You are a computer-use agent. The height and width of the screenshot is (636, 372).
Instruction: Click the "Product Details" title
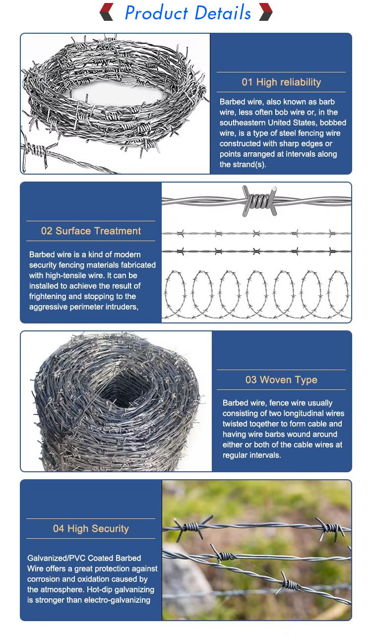pyautogui.click(x=187, y=13)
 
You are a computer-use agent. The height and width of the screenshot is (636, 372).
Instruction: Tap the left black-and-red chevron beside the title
pyautogui.click(x=107, y=12)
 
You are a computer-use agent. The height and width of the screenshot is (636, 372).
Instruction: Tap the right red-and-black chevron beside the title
pyautogui.click(x=266, y=12)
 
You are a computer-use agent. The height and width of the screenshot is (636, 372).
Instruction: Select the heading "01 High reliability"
pyautogui.click(x=281, y=82)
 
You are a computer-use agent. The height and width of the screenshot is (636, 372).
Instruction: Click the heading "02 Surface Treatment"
pyautogui.click(x=91, y=231)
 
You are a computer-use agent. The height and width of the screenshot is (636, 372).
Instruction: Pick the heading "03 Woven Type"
pyautogui.click(x=281, y=380)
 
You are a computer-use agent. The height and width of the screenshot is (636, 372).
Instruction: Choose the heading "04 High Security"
pyautogui.click(x=91, y=529)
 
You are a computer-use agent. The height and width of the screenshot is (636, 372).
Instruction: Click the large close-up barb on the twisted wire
pyautogui.click(x=258, y=200)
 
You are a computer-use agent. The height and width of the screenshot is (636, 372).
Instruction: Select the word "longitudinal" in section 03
pyautogui.click(x=293, y=413)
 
